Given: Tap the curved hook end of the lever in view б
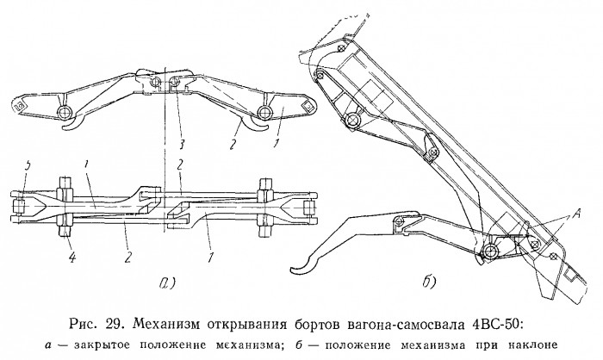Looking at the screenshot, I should pos(295,268).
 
